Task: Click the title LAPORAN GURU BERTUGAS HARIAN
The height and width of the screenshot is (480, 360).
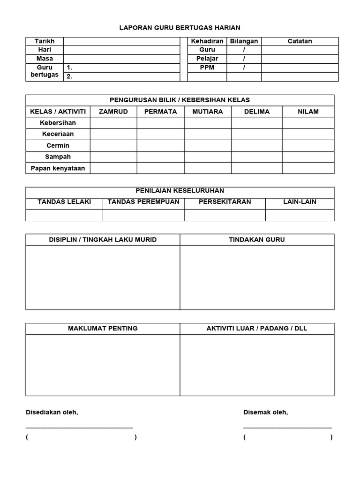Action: (x=180, y=28)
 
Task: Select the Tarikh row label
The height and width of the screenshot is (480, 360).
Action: (x=45, y=41)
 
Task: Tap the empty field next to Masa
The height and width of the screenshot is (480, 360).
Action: (x=121, y=59)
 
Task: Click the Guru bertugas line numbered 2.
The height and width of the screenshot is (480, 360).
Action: (x=121, y=77)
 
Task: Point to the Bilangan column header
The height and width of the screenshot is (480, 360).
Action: (x=244, y=41)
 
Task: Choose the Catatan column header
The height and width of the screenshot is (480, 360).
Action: (x=300, y=41)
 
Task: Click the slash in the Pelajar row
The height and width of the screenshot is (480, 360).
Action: (x=244, y=59)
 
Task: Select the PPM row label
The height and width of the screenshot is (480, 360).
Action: (x=207, y=68)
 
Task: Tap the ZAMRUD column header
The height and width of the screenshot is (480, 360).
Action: (x=113, y=112)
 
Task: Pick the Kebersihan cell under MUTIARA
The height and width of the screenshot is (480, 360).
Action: (x=208, y=123)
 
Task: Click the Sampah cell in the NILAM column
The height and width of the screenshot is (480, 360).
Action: (x=308, y=157)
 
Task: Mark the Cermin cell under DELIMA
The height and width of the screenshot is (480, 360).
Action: (x=257, y=146)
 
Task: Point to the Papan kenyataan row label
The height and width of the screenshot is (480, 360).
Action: (x=58, y=168)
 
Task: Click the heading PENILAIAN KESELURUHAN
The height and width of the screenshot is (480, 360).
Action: (x=180, y=191)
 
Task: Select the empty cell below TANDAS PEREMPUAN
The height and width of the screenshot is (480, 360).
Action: (x=143, y=215)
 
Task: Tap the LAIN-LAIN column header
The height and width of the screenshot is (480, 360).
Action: (x=300, y=202)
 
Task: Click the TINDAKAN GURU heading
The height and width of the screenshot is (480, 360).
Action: (x=257, y=240)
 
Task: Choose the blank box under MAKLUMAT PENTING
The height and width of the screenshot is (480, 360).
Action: (x=103, y=365)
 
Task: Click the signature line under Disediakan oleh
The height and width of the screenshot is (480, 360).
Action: (x=79, y=427)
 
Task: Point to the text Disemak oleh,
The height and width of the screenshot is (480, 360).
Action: (x=265, y=412)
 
